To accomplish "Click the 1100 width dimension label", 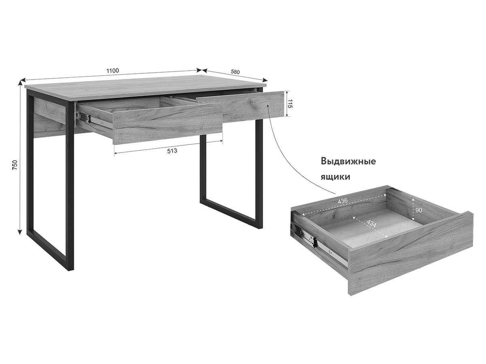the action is [113, 71].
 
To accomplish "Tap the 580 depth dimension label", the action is [235, 72].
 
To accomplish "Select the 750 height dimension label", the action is [15, 165].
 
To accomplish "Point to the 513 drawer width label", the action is [172, 151].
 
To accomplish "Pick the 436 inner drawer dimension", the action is [343, 201].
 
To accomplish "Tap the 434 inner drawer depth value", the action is [371, 223].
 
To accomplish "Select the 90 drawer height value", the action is [418, 210].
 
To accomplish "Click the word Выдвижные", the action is [348, 161].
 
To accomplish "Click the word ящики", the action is [335, 177].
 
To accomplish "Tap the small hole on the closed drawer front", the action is [268, 106].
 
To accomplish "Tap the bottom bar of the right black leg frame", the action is [231, 213].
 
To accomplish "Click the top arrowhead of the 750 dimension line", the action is [20, 83].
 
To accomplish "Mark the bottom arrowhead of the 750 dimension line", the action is [20, 232].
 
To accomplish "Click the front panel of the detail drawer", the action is [411, 254].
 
